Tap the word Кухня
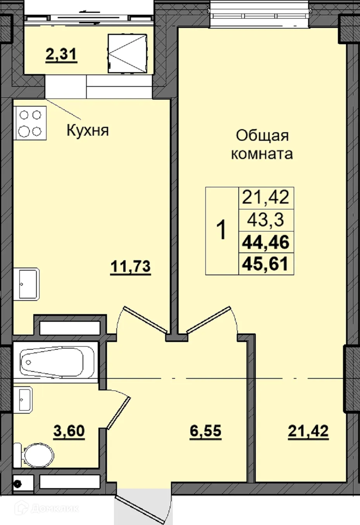88,131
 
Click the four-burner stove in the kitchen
30,123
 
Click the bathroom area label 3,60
69,431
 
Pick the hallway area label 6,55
205,431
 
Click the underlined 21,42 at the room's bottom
308,431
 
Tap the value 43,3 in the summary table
266,220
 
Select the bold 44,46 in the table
266,242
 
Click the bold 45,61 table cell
266,264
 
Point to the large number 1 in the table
221,230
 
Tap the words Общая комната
262,145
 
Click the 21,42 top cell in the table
266,197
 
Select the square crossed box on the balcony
127,53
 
